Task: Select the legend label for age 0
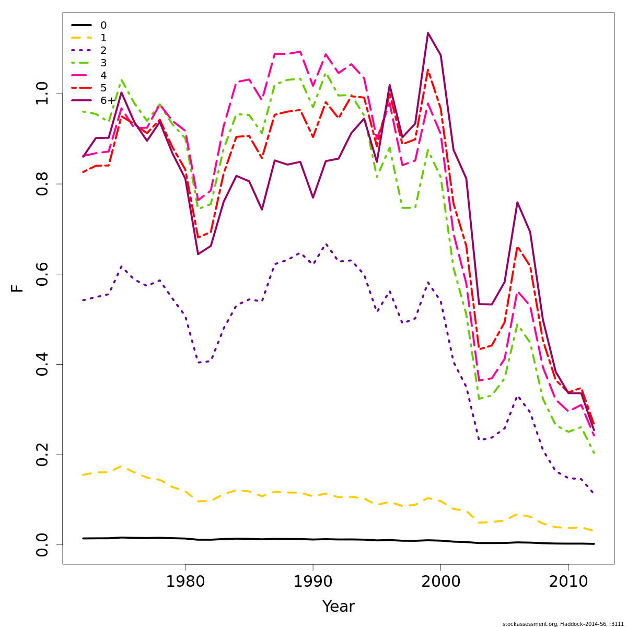click(103, 25)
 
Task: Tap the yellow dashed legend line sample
click(82, 38)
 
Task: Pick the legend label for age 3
click(103, 63)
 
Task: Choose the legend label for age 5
click(103, 88)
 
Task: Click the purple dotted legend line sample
click(82, 50)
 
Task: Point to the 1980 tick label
click(185, 582)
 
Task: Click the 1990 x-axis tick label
click(312, 582)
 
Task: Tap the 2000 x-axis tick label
click(440, 582)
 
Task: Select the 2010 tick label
click(568, 582)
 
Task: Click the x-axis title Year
click(338, 607)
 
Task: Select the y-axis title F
click(18, 288)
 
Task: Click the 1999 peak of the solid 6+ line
click(428, 33)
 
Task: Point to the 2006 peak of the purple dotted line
click(517, 397)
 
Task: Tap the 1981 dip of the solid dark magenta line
click(198, 254)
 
